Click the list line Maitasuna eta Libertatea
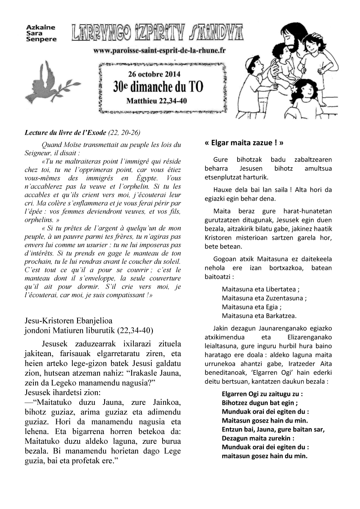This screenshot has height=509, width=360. point(260,290)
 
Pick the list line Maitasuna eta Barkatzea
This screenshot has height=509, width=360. point(259,315)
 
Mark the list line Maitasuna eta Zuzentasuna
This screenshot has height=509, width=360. point(264,298)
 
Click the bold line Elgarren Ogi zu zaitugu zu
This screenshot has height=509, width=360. point(262,393)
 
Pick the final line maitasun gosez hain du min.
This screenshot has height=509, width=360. point(265,456)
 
